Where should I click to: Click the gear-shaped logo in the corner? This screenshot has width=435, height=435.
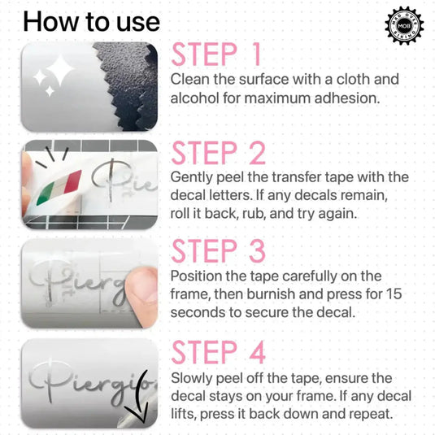click(x=404, y=25)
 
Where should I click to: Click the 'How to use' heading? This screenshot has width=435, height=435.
click(x=91, y=22)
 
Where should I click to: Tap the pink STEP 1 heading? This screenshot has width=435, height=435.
click(x=215, y=54)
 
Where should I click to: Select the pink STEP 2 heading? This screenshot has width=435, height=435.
click(x=219, y=153)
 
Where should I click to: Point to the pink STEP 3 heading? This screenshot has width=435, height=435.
click(x=219, y=251)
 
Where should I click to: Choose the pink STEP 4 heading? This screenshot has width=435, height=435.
click(x=219, y=352)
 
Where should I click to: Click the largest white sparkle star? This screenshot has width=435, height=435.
click(x=59, y=69)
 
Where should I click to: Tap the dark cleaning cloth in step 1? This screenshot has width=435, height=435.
click(x=128, y=86)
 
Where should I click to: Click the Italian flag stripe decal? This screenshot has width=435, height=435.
click(x=59, y=187)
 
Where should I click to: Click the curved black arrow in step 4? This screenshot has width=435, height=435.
click(x=140, y=397)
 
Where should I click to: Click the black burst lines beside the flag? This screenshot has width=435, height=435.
click(x=52, y=157)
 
